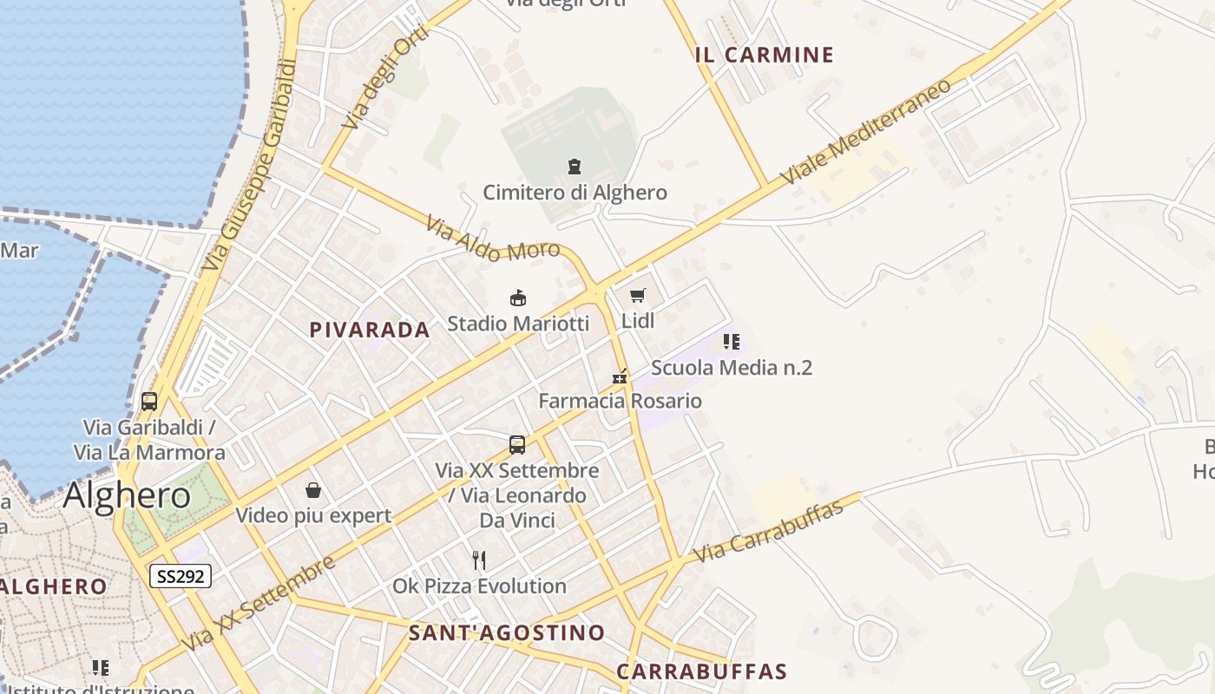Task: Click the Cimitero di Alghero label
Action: [575, 193]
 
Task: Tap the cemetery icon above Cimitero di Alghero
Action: [573, 166]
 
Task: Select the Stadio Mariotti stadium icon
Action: [518, 298]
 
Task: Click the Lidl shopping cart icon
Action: [638, 295]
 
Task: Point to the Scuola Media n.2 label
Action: [731, 368]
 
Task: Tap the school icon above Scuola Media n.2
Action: [731, 342]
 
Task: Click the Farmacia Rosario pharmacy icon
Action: [620, 376]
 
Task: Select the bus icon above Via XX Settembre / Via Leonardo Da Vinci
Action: [517, 445]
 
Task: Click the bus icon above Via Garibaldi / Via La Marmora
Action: [149, 402]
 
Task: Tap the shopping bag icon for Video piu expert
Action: [313, 490]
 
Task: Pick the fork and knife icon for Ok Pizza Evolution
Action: [479, 560]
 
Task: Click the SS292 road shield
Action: [181, 576]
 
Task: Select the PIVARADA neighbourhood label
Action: [370, 330]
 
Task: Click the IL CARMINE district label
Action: [764, 56]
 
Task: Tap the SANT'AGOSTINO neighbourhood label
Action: [507, 633]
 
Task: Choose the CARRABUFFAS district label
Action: [701, 671]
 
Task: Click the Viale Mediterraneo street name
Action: [865, 131]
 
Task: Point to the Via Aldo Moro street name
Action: [492, 239]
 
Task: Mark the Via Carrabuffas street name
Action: [770, 530]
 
